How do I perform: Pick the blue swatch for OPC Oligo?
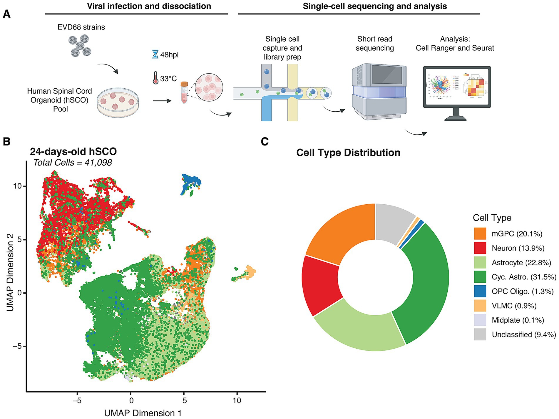480,291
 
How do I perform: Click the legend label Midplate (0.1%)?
518,320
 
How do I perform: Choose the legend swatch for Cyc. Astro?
480,277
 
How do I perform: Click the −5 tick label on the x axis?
77,400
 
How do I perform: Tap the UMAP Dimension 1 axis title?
143,413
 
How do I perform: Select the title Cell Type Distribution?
348,153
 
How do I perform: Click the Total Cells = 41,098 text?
72,163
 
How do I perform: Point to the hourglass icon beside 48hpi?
155,54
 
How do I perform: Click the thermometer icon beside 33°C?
155,78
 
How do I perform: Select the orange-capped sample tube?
184,92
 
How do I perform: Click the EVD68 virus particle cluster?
80,46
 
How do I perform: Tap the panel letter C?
265,142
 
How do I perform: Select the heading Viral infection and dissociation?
149,6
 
